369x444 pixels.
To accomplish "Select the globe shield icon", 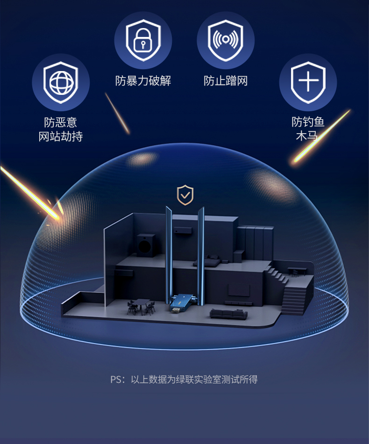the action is (61, 82).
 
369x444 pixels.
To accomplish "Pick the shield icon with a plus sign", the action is (308, 82).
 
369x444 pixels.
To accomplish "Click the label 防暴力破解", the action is (143, 81).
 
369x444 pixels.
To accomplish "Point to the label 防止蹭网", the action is (226, 81).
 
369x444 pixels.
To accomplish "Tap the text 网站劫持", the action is (61, 136).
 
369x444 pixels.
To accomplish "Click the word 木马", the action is (308, 136).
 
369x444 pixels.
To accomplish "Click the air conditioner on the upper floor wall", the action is (183, 229).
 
